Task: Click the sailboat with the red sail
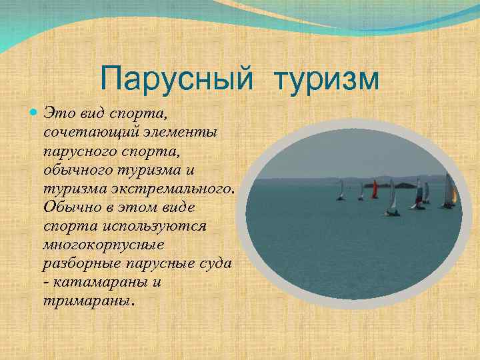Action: click(x=375, y=189)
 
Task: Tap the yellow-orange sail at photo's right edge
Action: click(x=455, y=195)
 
